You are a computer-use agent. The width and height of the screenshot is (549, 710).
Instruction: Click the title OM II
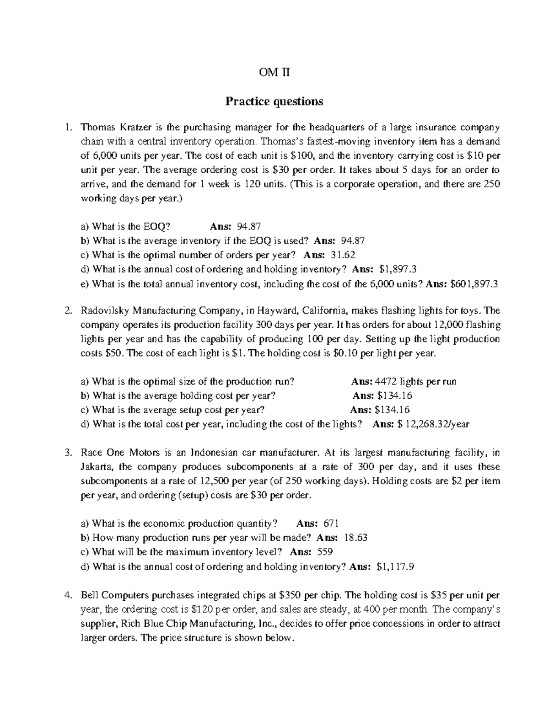point(274,72)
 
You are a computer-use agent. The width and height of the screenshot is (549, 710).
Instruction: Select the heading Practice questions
point(274,101)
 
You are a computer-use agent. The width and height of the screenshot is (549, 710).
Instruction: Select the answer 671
point(331,523)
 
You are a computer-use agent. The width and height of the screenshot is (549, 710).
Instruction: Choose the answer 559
point(325,552)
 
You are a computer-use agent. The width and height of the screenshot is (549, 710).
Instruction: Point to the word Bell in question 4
point(89,595)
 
